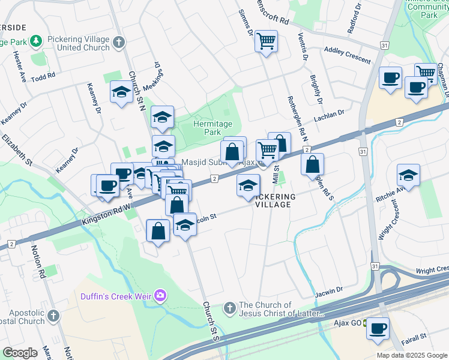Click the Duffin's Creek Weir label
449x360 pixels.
coord(116,295)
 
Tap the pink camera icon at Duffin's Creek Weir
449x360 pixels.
coord(160,295)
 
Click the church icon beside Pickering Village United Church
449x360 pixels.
coord(119,42)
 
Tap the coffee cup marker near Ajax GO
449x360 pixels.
coord(378,329)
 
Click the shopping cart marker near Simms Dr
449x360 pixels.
coord(266,41)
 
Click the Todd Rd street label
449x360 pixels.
coord(43,77)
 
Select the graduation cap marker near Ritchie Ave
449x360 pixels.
coord(408,175)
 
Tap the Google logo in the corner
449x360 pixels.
coord(20,353)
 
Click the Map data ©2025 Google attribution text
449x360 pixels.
coord(411,355)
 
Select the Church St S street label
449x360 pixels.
coord(211,321)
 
